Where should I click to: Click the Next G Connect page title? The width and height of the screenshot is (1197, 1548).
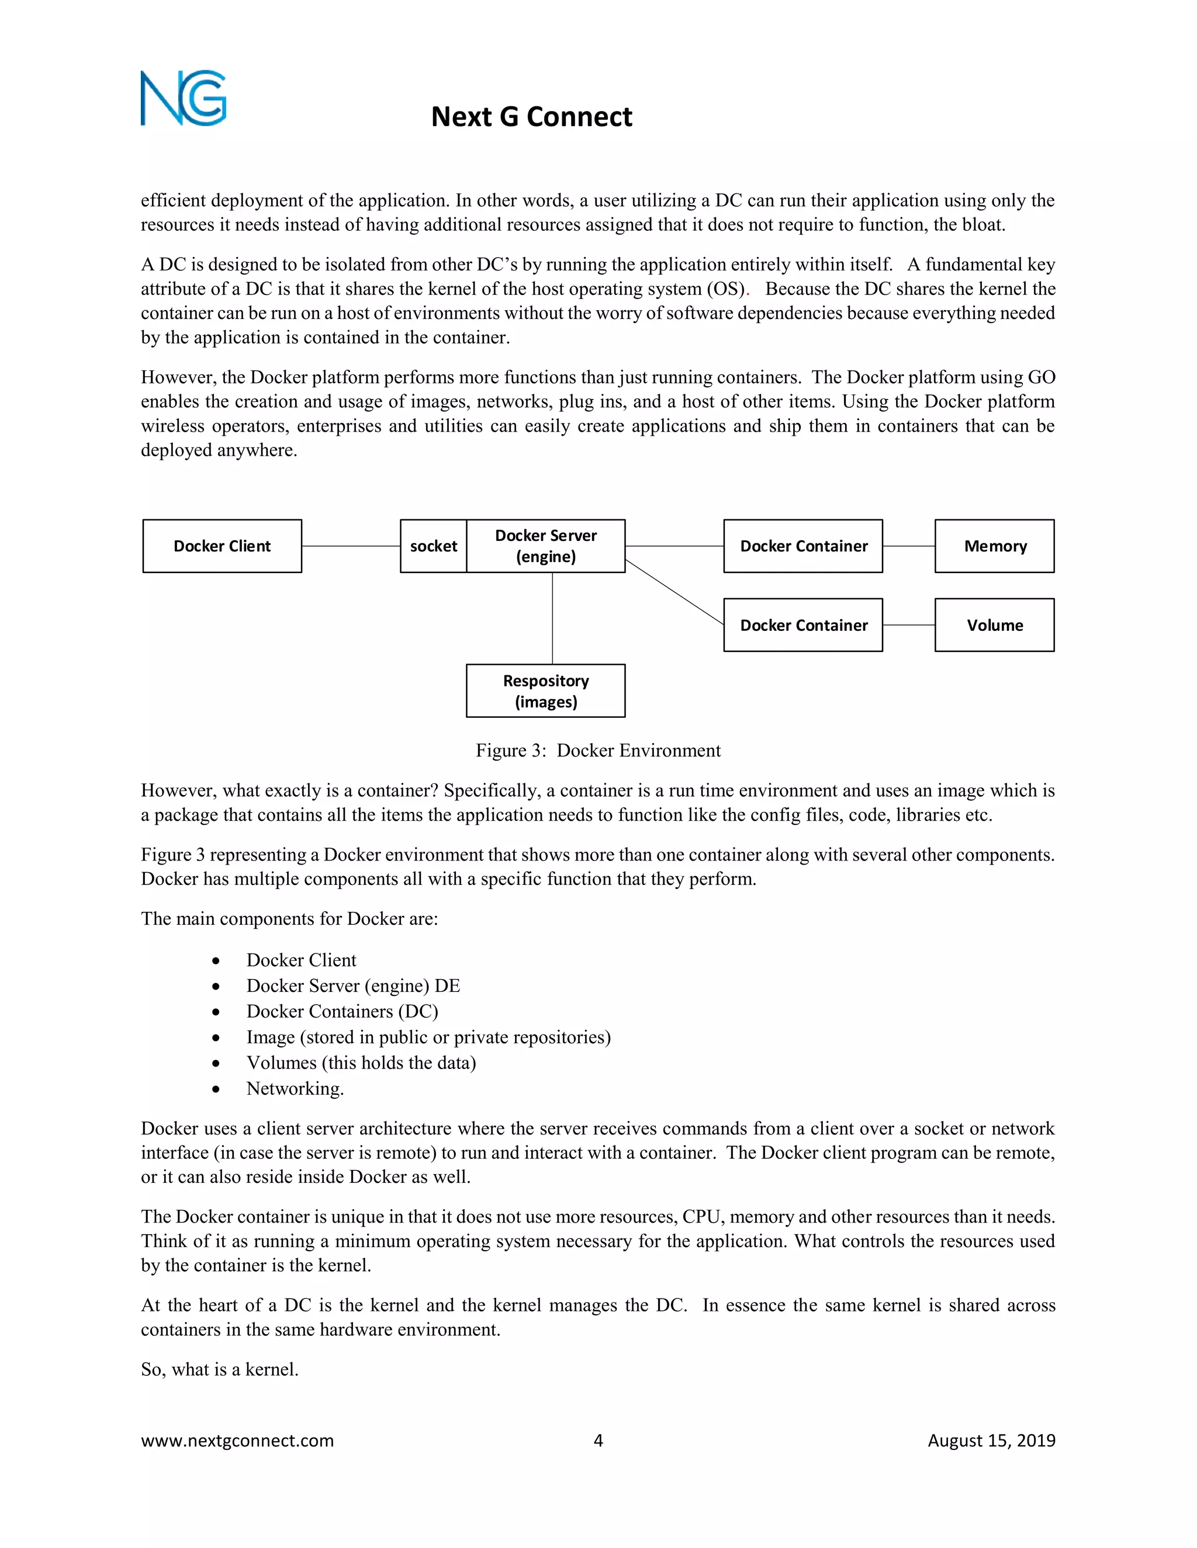pos(531,117)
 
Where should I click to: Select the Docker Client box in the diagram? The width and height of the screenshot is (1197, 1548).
pos(222,546)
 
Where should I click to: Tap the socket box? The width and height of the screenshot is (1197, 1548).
pos(433,546)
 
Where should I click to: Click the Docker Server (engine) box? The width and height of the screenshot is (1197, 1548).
pos(545,546)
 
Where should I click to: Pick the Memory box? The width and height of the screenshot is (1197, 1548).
pos(994,546)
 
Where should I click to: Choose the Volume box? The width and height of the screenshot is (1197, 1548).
pos(994,625)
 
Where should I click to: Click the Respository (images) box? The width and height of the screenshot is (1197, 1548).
pos(545,690)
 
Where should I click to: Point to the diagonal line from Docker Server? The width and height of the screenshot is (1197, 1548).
pos(674,592)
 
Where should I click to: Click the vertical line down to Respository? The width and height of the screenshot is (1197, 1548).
pos(552,618)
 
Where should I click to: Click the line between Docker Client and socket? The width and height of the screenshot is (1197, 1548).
pos(351,546)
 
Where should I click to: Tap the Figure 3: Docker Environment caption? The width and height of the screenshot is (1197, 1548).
pos(598,751)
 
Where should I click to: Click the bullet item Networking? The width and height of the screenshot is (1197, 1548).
pos(295,1089)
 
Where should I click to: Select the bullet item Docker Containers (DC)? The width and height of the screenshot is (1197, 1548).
pos(342,1011)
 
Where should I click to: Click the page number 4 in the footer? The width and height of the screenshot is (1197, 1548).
pos(598,1441)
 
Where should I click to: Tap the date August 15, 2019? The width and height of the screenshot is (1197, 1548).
pos(991,1441)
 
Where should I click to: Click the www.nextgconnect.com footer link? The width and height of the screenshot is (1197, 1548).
pos(237,1441)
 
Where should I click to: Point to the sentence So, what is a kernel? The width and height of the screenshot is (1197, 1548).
pos(220,1369)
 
